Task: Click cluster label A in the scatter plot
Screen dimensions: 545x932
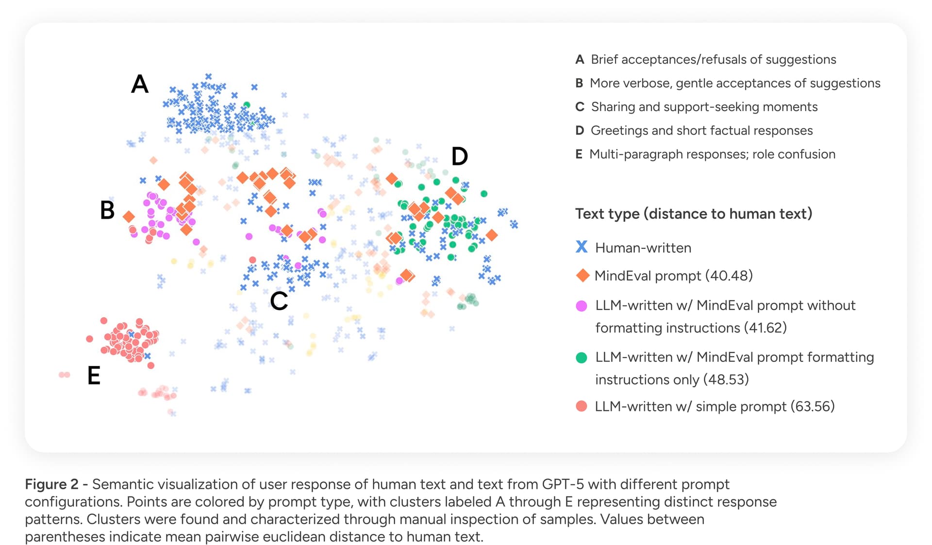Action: [140, 84]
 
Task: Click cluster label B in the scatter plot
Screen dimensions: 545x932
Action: [107, 210]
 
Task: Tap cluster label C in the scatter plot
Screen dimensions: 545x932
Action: [279, 301]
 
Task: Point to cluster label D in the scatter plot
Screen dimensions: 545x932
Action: [459, 156]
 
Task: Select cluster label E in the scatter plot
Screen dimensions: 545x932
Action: [94, 376]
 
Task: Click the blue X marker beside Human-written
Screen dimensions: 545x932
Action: [582, 247]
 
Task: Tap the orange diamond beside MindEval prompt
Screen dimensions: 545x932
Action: [582, 276]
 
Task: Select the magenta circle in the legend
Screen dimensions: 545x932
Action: [582, 306]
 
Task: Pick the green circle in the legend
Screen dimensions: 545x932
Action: [582, 358]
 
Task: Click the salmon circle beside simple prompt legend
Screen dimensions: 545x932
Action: [582, 406]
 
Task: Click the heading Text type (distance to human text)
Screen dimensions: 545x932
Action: [694, 214]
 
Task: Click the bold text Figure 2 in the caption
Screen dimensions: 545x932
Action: [51, 484]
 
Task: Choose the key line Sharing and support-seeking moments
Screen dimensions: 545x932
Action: [704, 107]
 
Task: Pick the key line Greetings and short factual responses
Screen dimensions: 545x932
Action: [701, 131]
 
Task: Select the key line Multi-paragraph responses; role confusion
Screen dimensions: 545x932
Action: [712, 154]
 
